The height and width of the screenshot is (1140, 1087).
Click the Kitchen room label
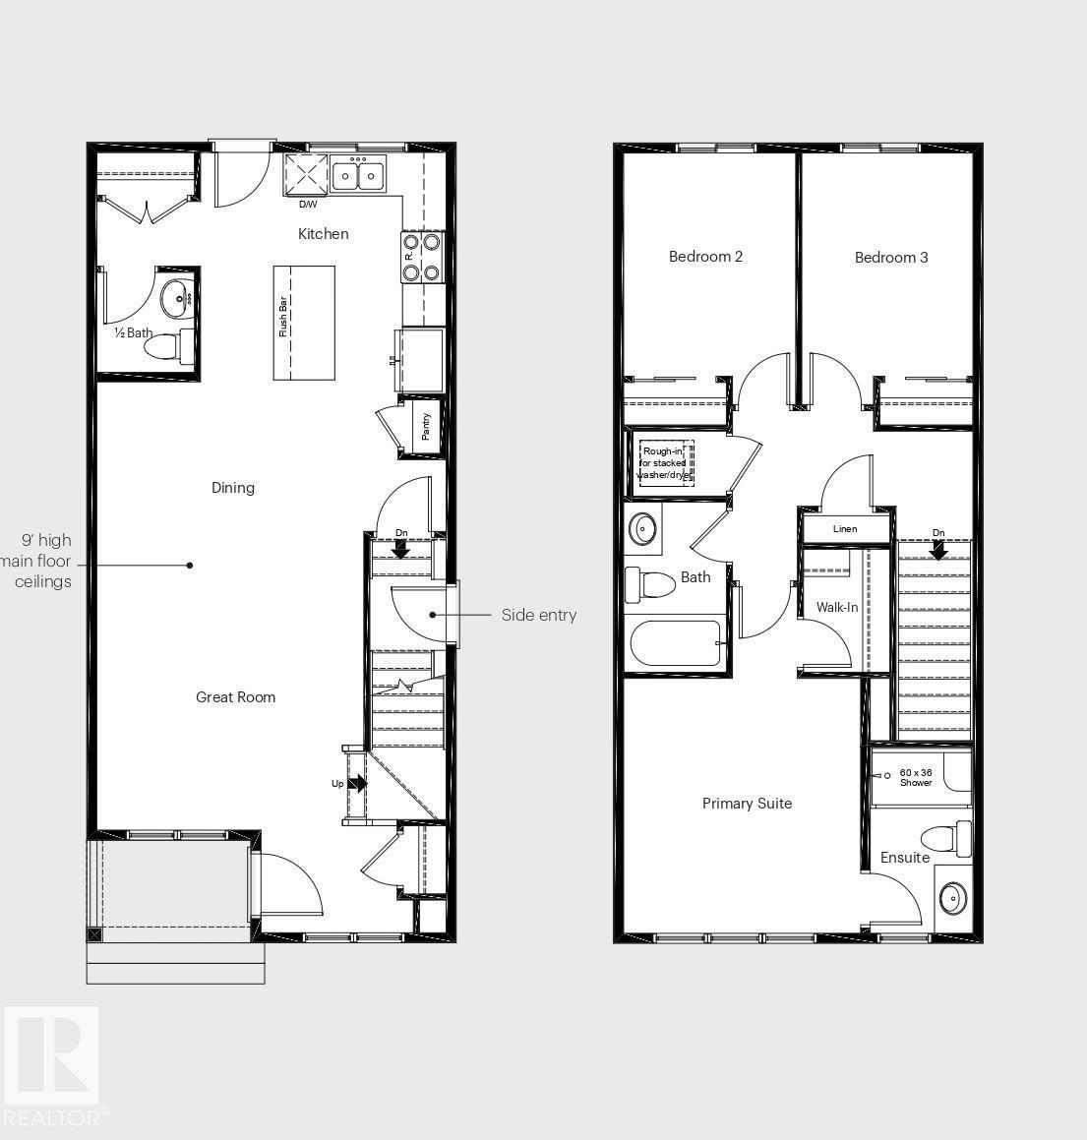[x=323, y=234]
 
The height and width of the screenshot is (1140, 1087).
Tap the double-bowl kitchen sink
[x=358, y=176]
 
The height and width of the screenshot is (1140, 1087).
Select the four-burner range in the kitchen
[x=422, y=257]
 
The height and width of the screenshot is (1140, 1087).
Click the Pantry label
[x=426, y=426]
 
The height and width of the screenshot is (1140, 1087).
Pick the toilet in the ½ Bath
[x=168, y=346]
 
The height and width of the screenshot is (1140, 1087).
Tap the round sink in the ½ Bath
[x=178, y=293]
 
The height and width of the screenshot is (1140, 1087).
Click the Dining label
[x=233, y=488]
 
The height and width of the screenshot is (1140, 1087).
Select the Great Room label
[x=235, y=697]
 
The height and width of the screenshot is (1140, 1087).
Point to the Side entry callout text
[x=539, y=616]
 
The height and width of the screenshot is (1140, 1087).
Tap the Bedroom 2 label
[x=705, y=257]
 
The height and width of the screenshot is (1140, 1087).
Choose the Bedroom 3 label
[x=891, y=258]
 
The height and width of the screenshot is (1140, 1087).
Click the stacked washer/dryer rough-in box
[x=666, y=463]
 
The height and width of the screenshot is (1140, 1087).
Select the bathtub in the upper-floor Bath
[x=677, y=643]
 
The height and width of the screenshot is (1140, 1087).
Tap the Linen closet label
[x=845, y=529]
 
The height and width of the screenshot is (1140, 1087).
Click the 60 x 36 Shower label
[x=916, y=777]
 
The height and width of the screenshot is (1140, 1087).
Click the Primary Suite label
[x=747, y=804]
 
